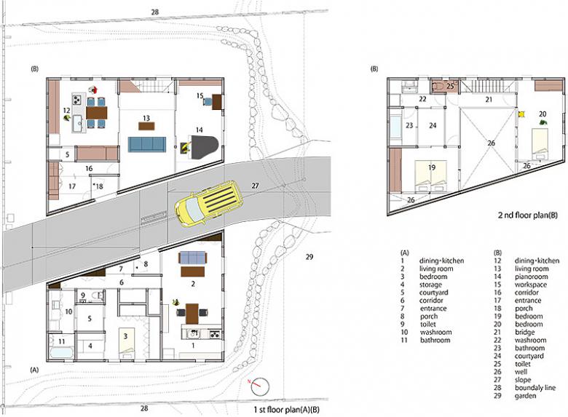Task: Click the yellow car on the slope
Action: tap(209, 204)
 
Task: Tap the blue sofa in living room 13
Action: tap(146, 144)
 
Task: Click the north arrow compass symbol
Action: tap(260, 386)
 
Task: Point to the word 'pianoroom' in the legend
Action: tap(532, 277)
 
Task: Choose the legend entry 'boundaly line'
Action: tap(535, 388)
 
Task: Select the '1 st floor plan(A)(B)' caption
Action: tap(287, 410)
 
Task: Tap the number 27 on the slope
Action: tap(255, 186)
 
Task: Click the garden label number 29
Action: tap(309, 257)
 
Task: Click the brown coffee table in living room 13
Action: tap(146, 126)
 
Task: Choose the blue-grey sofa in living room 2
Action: tap(193, 258)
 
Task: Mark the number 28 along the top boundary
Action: tap(154, 12)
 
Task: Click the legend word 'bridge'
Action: tap(524, 333)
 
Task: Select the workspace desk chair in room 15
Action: tap(208, 101)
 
